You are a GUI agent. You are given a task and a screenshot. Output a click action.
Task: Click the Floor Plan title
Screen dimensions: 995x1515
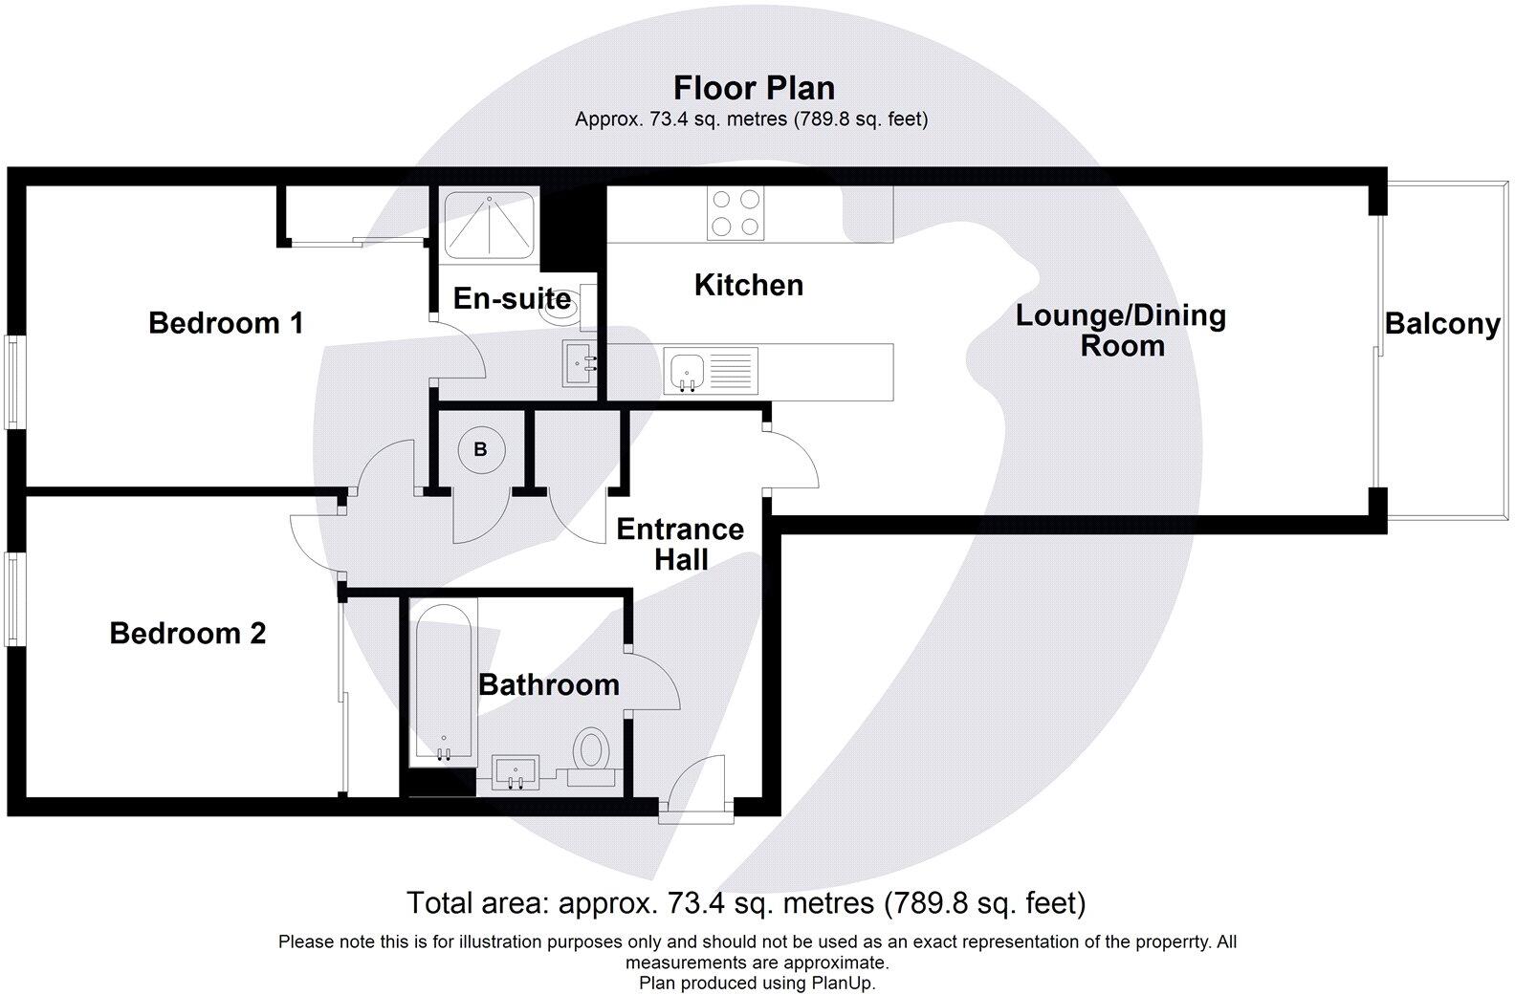click(754, 88)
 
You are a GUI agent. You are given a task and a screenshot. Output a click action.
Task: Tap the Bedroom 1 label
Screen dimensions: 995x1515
click(226, 323)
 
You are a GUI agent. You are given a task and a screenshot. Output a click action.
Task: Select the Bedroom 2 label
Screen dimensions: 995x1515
click(187, 633)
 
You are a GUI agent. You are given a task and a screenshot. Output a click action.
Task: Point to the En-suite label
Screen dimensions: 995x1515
click(512, 298)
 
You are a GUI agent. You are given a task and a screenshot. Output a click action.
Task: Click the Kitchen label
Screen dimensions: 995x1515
click(748, 285)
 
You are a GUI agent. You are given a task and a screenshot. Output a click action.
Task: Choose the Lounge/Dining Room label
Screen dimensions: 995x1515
click(1121, 331)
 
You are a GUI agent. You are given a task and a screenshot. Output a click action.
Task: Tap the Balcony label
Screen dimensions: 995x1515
click(1442, 324)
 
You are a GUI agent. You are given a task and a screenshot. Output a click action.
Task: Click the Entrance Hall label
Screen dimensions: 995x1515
click(680, 544)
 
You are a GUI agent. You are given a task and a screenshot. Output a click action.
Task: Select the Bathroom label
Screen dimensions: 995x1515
click(549, 684)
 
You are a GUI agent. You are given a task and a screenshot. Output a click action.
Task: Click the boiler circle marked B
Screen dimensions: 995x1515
click(481, 449)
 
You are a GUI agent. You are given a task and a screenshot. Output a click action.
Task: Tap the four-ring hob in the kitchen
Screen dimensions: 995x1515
click(736, 213)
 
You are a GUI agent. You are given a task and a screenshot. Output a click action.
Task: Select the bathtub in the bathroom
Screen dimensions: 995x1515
click(443, 682)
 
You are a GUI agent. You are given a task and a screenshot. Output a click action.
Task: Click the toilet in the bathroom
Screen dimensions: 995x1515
click(592, 750)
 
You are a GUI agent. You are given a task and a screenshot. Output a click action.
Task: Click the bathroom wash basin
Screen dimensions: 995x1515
click(516, 770)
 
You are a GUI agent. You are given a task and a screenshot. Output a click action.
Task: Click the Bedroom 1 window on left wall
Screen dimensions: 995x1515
click(13, 381)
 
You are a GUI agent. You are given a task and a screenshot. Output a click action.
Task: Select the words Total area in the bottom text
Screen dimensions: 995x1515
click(478, 902)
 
